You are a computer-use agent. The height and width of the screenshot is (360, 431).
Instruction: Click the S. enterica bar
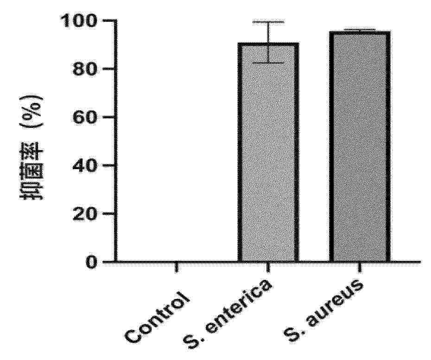268,153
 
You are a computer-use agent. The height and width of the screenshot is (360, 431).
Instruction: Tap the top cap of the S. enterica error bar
268,22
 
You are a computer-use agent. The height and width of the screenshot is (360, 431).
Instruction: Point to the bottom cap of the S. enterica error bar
268,63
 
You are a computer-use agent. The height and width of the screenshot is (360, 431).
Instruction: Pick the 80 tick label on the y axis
86,69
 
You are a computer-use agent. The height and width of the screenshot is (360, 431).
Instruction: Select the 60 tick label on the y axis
86,117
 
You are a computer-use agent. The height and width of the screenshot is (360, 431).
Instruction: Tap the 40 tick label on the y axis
86,165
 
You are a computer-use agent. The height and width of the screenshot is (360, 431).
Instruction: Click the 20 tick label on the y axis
86,214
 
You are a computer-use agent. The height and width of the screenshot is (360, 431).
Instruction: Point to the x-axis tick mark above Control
177,267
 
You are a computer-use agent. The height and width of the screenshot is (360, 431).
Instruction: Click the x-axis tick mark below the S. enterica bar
268,267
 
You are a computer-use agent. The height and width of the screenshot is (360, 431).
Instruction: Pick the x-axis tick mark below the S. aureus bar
359,267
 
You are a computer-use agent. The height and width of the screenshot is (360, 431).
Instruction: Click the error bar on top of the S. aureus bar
359,30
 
